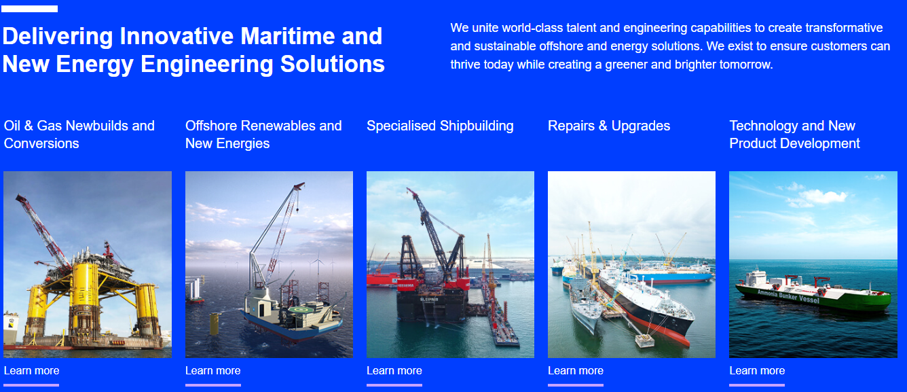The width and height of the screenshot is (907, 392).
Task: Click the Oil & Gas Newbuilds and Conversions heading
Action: (79, 135)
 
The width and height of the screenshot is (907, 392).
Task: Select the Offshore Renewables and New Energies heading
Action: (263, 135)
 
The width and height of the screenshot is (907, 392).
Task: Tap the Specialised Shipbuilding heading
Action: (440, 126)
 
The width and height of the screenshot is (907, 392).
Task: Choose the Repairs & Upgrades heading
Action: (609, 126)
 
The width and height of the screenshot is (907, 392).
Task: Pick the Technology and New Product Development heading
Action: (794, 135)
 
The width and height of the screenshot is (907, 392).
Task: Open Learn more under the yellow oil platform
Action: (32, 370)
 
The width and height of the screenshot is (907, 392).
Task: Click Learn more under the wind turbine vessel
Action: (213, 370)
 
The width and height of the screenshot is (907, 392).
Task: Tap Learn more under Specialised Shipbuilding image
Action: (394, 370)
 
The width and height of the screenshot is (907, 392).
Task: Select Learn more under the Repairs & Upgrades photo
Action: (576, 370)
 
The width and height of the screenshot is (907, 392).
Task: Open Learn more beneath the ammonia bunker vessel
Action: (757, 370)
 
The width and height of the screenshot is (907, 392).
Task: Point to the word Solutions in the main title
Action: (333, 64)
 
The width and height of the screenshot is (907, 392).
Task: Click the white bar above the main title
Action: (30, 9)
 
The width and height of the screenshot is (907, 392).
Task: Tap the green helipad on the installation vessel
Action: (299, 310)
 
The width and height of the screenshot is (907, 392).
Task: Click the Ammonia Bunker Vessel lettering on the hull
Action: (788, 296)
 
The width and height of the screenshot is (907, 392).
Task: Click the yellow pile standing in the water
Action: (214, 323)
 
